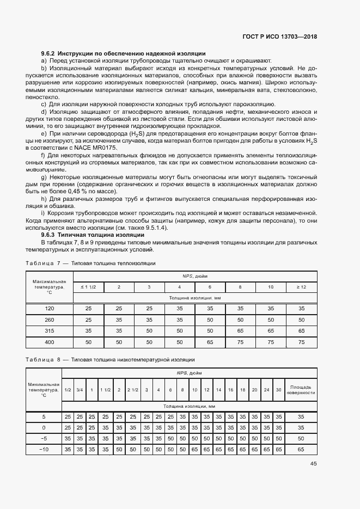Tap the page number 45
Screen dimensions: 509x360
coord(313,464)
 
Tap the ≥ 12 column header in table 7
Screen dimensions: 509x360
coord(301,286)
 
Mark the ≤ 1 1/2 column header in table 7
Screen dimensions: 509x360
coord(89,286)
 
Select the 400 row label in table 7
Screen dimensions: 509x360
coord(49,341)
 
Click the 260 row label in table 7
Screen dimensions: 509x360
coord(49,320)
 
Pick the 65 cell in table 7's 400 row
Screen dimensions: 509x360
coord(210,341)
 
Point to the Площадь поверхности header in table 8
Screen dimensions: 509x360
coord(301,390)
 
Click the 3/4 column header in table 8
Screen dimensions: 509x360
coord(80,390)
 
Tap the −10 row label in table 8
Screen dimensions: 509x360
coord(44,449)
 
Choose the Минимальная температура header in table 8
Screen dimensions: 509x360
coord(44,390)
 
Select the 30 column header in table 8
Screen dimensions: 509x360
coord(278,390)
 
